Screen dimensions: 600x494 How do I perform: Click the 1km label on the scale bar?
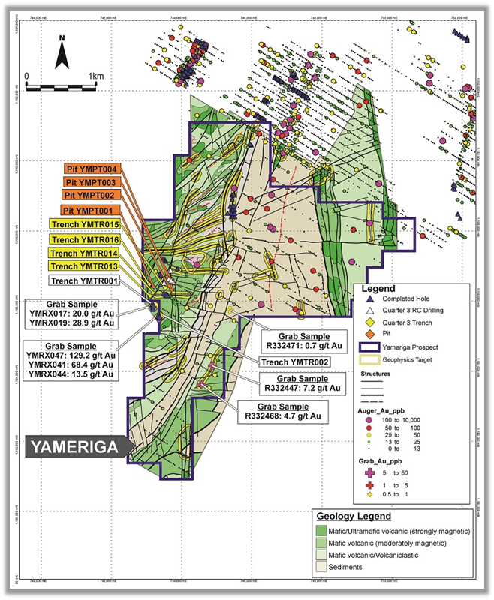pyautogui.click(x=95, y=76)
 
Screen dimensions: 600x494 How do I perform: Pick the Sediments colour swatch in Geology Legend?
pyautogui.click(x=326, y=568)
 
